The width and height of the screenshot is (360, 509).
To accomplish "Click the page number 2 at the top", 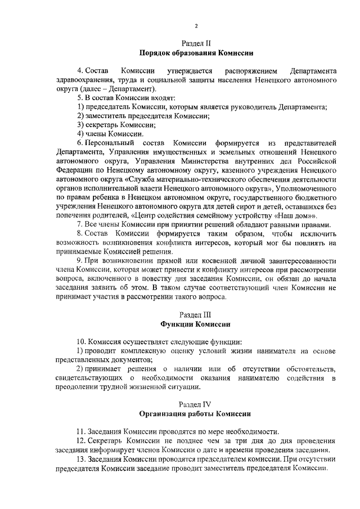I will pos(196,26).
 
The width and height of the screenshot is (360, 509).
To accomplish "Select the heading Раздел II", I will pos(196,43).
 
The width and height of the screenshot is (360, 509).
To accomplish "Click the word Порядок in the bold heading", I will pos(155,53).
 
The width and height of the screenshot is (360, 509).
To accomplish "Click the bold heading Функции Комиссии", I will pos(196,325).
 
